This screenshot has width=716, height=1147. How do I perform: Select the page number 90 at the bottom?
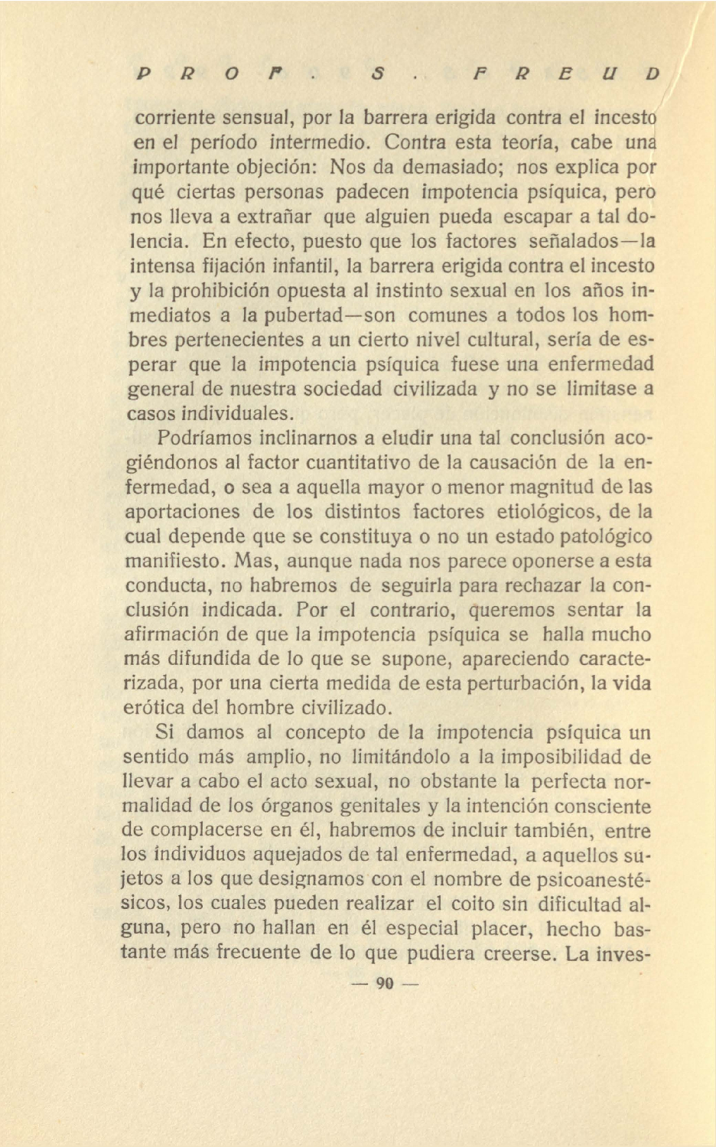click(x=384, y=984)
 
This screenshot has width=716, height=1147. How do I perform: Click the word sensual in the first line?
click(x=258, y=119)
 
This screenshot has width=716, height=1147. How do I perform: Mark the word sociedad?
click(x=342, y=389)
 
